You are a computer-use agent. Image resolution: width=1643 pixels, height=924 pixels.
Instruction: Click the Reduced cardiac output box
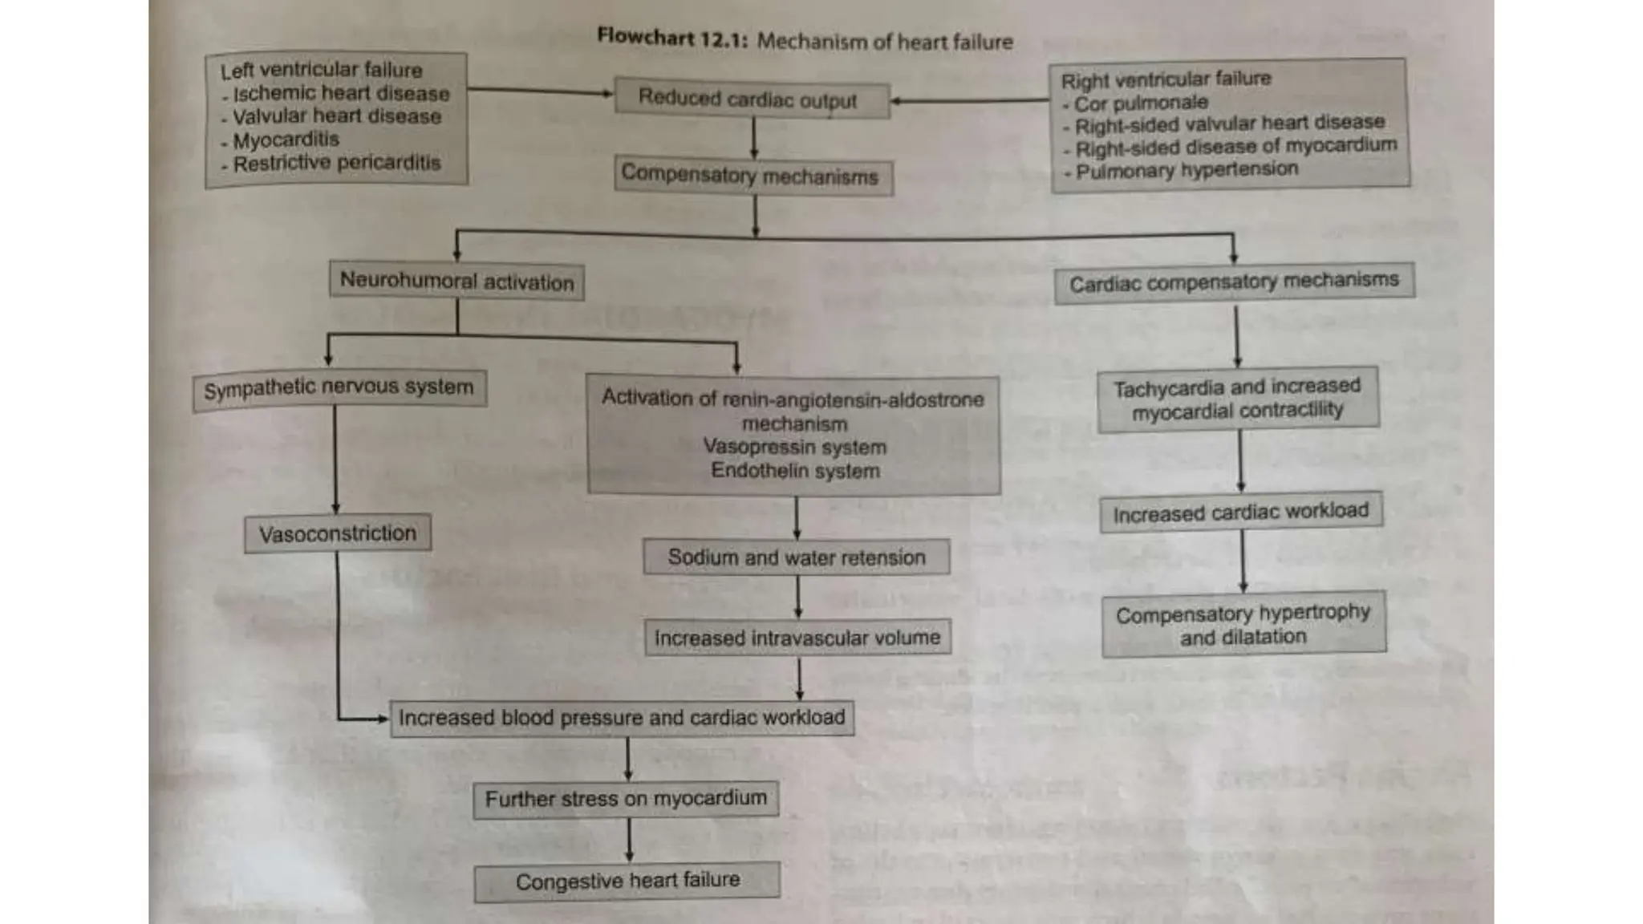(x=752, y=100)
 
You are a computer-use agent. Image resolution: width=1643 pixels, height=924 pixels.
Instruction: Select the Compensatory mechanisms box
(x=753, y=176)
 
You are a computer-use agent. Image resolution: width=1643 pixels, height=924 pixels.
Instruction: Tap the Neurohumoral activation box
(x=456, y=282)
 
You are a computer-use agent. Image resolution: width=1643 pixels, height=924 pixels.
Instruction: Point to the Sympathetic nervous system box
(x=339, y=389)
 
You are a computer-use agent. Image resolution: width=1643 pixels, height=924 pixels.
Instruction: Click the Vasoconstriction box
(x=338, y=533)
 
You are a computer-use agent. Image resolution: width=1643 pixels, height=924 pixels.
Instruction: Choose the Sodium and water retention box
(x=796, y=557)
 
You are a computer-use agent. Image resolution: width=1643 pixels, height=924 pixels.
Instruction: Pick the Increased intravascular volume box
(x=797, y=638)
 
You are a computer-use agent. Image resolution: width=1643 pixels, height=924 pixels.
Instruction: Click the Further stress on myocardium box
(x=626, y=799)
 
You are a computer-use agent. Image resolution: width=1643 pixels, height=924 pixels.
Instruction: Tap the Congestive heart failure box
(x=627, y=881)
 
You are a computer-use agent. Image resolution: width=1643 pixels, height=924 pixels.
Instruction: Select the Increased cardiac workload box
(x=1241, y=512)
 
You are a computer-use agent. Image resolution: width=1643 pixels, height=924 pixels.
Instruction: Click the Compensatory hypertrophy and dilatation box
(x=1243, y=625)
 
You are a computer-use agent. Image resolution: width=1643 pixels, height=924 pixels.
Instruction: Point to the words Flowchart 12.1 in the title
(x=671, y=38)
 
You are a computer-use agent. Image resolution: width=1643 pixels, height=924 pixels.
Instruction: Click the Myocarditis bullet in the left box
(x=286, y=140)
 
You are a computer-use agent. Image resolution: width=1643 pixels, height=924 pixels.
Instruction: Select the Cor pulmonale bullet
(x=1140, y=103)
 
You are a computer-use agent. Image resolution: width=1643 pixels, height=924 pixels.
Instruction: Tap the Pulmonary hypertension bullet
(x=1187, y=170)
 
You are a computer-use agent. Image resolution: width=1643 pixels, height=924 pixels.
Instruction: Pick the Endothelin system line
(x=795, y=471)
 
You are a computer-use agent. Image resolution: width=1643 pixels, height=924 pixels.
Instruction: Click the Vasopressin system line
(x=794, y=448)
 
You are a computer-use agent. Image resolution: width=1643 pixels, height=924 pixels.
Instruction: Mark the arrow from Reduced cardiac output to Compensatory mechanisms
(x=753, y=139)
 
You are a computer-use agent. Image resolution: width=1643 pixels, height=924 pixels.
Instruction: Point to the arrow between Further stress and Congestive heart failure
(x=628, y=840)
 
